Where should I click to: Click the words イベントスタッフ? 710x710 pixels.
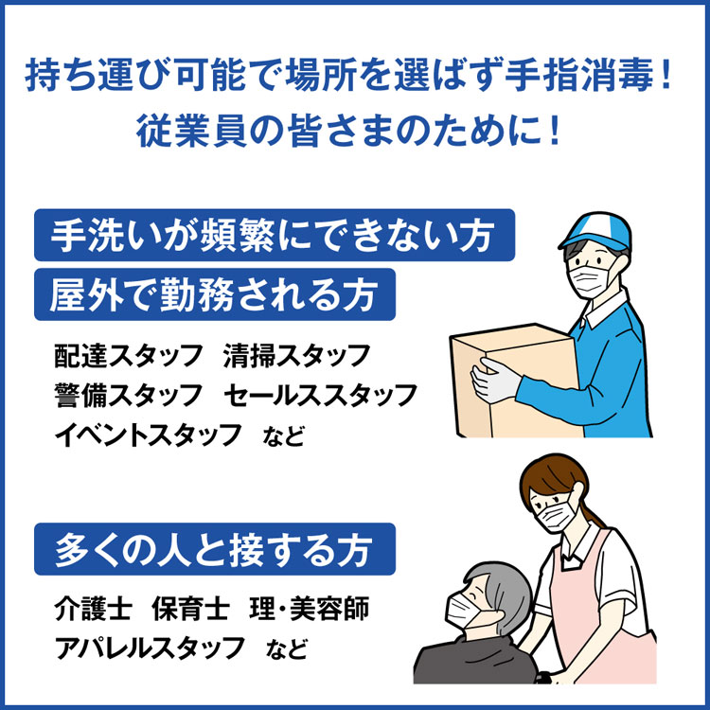click(x=148, y=435)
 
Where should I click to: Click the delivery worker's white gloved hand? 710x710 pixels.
click(x=493, y=380)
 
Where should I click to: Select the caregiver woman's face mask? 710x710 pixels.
click(x=556, y=517)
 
